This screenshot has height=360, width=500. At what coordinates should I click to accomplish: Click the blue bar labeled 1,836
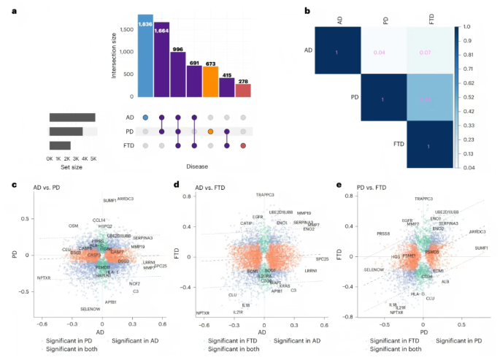[145, 55]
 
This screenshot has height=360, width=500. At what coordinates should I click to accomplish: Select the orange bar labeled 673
[209, 80]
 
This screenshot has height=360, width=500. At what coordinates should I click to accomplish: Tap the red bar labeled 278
[242, 90]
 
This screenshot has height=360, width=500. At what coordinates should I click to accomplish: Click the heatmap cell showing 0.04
[384, 53]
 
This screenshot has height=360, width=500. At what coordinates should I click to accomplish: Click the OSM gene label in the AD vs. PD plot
[73, 226]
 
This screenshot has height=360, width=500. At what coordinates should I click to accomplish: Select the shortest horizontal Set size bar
[60, 145]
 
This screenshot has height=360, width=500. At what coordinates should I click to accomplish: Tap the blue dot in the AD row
[145, 117]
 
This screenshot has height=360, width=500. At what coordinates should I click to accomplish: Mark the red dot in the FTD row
[242, 145]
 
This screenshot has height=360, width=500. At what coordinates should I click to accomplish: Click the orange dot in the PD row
[210, 131]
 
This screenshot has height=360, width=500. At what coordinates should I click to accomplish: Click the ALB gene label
[445, 280]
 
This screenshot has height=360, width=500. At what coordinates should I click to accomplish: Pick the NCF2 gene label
[135, 283]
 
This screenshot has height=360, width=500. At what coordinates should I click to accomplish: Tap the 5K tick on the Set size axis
[93, 158]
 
